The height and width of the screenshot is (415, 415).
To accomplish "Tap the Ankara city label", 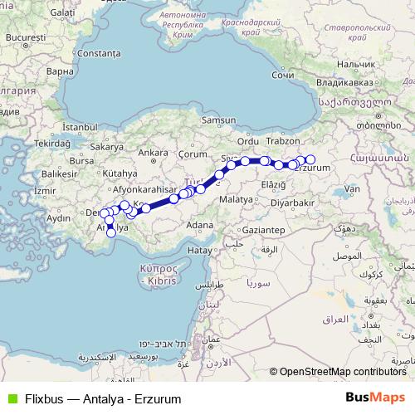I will click(x=154, y=153).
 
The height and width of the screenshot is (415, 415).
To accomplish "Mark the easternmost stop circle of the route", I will click(x=310, y=159).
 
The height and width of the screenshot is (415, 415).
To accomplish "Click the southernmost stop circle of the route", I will click(x=111, y=233).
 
